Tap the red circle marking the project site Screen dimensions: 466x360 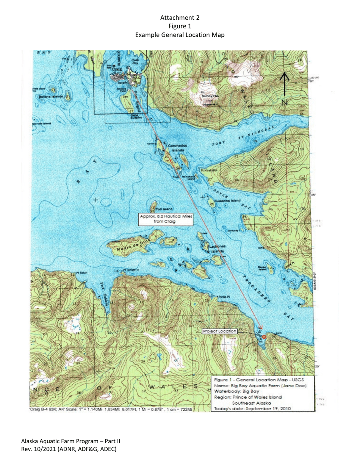[x=264, y=337]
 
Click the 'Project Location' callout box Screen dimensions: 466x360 [x=220, y=331]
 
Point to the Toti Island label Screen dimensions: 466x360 [x=165, y=209]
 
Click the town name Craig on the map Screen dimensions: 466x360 [x=117, y=70]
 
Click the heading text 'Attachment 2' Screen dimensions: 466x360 [x=180, y=18]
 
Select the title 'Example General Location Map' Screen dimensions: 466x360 [x=180, y=35]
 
